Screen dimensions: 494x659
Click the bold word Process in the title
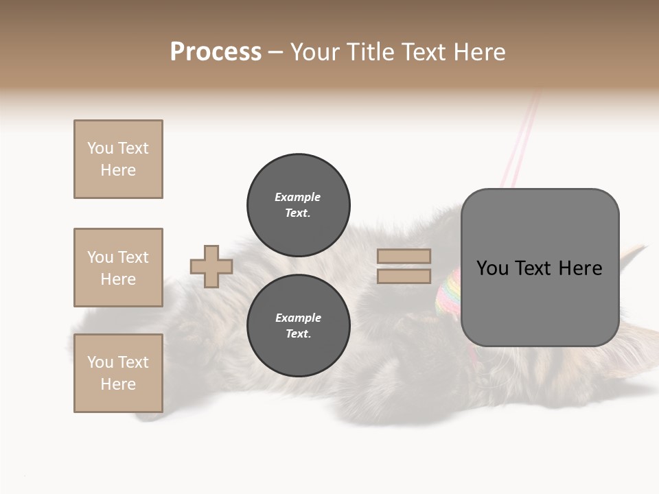[216, 52]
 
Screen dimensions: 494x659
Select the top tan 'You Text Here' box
[118, 159]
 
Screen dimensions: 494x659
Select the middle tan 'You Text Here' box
[118, 268]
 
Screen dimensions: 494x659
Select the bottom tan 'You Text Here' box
[118, 373]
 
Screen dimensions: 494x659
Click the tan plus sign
[211, 266]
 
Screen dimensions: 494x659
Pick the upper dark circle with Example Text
[298, 204]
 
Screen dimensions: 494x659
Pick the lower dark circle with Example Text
[298, 325]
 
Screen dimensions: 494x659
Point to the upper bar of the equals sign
[404, 256]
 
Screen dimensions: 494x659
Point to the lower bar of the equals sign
[404, 277]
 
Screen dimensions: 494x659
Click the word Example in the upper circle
[298, 197]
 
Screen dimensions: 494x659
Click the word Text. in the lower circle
[298, 333]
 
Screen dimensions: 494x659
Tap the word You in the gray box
[493, 268]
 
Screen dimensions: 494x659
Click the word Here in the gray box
[580, 268]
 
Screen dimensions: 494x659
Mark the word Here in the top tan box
[118, 170]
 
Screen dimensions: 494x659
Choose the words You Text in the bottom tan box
[118, 362]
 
